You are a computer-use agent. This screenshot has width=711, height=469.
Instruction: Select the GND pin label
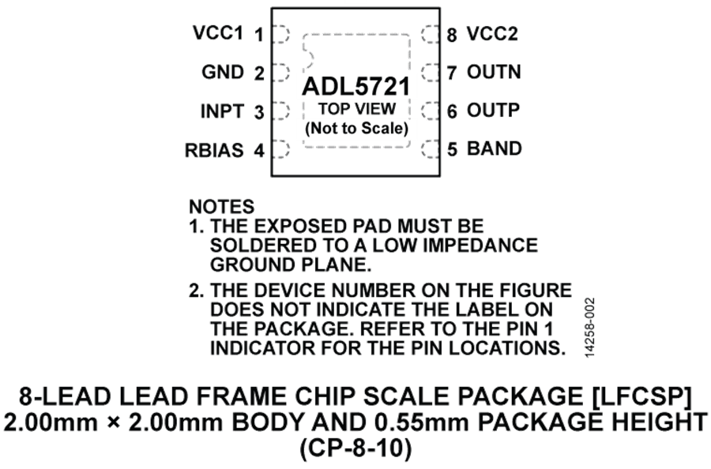pos(224,72)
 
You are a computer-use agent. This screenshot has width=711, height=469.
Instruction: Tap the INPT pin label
pos(222,111)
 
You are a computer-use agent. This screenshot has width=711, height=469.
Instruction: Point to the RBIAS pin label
pos(215,148)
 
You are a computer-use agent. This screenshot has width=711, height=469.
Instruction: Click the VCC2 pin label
pos(492,34)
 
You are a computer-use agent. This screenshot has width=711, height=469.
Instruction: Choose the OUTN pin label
pos(492,72)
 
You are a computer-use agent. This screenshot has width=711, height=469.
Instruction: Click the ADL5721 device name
pos(356,86)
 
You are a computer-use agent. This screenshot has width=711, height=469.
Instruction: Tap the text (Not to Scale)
pos(356,127)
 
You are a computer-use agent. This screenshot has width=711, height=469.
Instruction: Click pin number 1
pos(258,35)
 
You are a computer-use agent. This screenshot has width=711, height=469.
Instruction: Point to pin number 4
pos(258,149)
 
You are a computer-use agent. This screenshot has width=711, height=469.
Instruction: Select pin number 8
pos(452,34)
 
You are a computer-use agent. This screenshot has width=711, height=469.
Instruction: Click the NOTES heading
pos(222,207)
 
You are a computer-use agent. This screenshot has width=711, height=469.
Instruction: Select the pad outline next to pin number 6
pos(430,110)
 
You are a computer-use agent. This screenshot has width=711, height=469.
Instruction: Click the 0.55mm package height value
pos(415,422)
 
